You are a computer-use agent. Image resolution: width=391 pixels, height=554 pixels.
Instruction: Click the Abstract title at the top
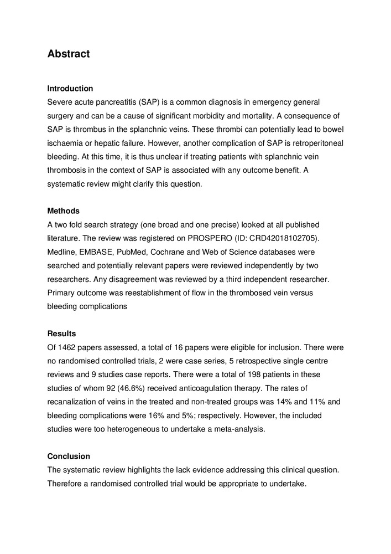coord(69,54)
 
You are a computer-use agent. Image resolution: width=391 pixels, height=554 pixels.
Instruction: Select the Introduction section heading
coord(70,89)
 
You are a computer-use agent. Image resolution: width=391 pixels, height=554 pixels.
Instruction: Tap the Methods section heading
coord(64,211)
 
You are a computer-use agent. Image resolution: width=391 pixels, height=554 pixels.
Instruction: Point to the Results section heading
coord(62,334)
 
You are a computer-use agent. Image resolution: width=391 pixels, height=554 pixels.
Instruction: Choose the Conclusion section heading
coord(69,456)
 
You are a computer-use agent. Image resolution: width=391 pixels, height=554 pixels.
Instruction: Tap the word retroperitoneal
coord(314,143)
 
